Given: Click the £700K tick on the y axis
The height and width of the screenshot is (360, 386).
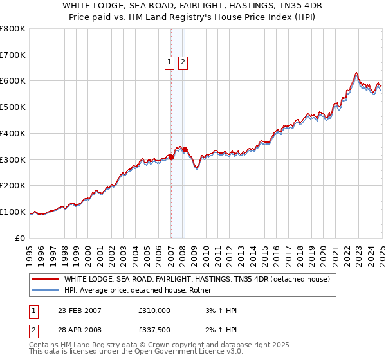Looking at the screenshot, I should point(13,55).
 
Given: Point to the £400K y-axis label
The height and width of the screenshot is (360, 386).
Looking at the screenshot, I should point(13,134).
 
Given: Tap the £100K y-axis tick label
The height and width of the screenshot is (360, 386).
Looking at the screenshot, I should point(13,212).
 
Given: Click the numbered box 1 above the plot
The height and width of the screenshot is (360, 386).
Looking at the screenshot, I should point(169,62).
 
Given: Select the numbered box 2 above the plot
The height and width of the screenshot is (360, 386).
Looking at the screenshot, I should point(183,62).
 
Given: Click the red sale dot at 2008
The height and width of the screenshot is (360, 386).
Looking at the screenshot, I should point(185,150).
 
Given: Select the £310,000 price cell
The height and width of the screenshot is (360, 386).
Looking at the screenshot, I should point(154,310).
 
